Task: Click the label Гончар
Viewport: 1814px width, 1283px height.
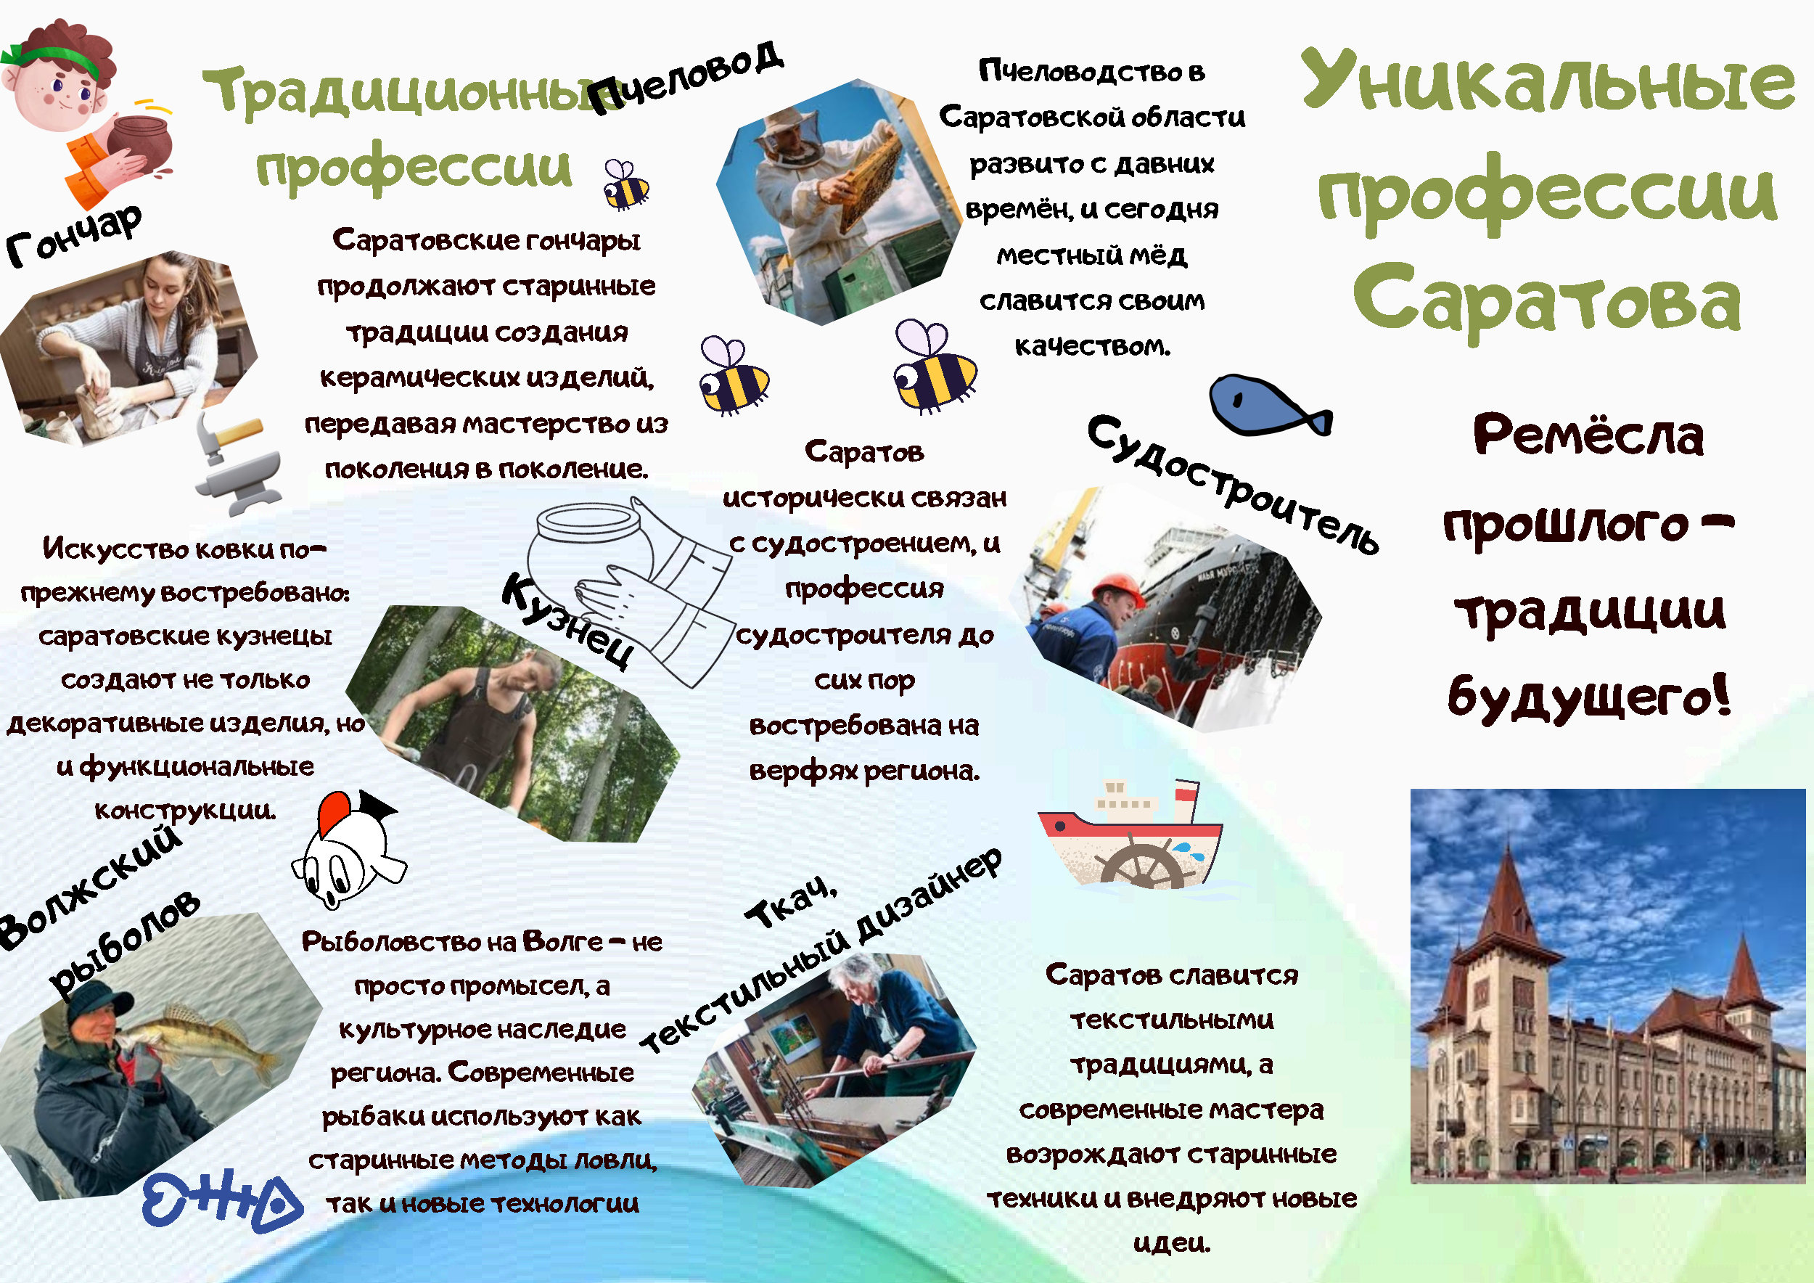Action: click(x=73, y=234)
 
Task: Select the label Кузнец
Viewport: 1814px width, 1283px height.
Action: click(x=568, y=621)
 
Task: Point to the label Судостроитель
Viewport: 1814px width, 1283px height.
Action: click(x=1233, y=483)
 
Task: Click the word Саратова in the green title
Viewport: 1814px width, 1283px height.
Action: click(x=1547, y=300)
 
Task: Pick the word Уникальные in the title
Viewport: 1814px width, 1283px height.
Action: click(x=1547, y=79)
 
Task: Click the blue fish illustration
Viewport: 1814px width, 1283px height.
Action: click(x=1270, y=404)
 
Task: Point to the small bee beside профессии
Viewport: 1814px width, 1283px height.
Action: click(x=625, y=184)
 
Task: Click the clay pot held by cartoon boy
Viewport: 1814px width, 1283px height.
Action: click(x=139, y=143)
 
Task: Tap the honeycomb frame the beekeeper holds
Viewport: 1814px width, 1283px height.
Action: click(x=872, y=179)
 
